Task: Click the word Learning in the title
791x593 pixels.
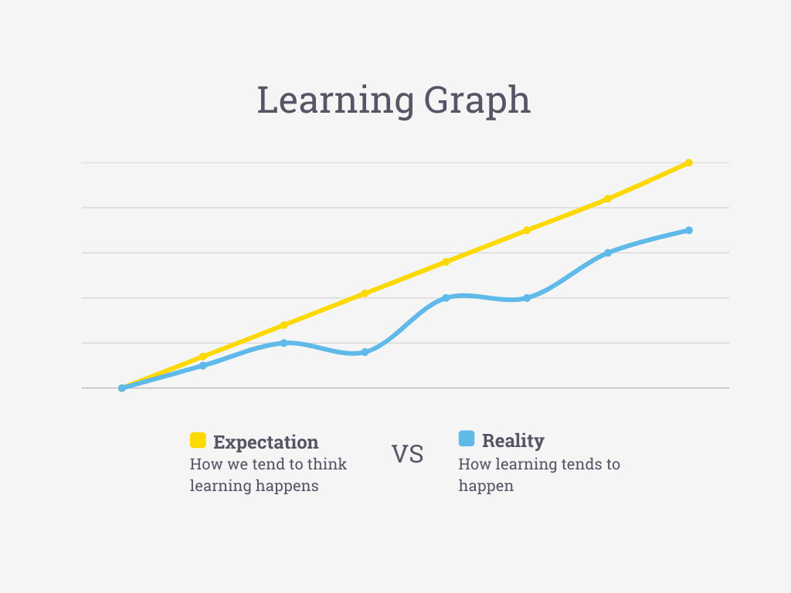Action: (335, 101)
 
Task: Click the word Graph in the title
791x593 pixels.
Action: (477, 101)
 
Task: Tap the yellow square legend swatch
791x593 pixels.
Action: (198, 440)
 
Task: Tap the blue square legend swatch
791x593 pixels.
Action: (467, 439)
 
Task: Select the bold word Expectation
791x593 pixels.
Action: (266, 442)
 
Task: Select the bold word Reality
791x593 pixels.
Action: (513, 441)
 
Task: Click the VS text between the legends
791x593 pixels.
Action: (407, 454)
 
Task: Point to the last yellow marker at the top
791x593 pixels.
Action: (689, 163)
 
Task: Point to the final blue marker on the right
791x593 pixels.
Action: (689, 230)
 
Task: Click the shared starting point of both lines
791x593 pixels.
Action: (122, 388)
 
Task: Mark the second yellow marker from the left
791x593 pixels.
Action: (203, 357)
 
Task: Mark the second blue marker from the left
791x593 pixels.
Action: (203, 365)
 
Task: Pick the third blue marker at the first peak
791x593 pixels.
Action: (283, 343)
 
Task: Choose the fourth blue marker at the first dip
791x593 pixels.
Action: (365, 352)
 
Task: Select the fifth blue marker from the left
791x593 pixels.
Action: (446, 297)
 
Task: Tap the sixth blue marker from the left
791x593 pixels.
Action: (527, 297)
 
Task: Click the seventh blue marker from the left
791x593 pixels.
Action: (608, 252)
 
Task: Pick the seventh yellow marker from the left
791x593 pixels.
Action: (608, 198)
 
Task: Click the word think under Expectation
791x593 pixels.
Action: (328, 464)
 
